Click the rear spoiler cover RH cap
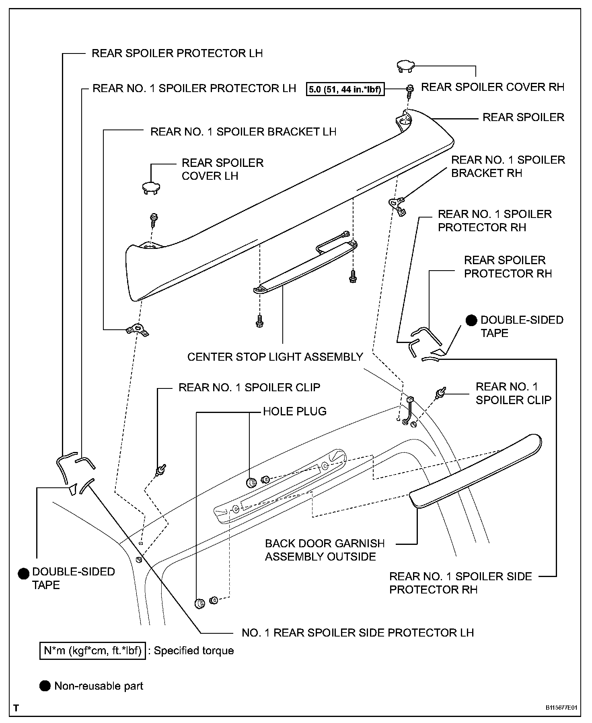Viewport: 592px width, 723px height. pos(406,66)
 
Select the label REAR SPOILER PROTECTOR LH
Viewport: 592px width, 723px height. pos(177,53)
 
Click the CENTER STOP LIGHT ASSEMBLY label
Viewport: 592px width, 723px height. pos(275,357)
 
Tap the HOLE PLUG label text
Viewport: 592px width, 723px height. pos(295,411)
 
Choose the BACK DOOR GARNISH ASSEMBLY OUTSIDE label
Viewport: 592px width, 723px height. pos(325,550)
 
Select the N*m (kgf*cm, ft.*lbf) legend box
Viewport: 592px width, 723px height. pos(92,651)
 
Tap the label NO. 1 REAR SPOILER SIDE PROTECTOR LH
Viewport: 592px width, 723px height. pos(358,633)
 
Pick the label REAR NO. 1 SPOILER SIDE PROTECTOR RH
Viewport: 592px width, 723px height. pos(460,583)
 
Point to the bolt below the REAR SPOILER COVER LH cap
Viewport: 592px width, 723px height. pos(154,219)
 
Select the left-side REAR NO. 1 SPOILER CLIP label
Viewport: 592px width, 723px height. pos(249,387)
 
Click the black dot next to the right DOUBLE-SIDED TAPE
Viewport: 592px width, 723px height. pos(471,320)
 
